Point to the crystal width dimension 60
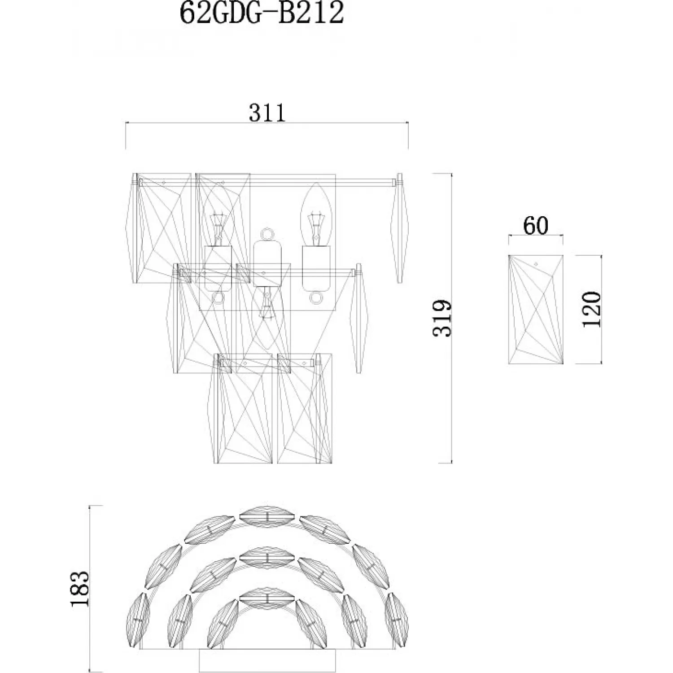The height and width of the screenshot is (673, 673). (536, 226)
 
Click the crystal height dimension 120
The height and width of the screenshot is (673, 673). (591, 309)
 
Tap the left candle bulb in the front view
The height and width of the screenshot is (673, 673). (219, 215)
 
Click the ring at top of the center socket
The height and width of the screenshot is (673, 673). (267, 234)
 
